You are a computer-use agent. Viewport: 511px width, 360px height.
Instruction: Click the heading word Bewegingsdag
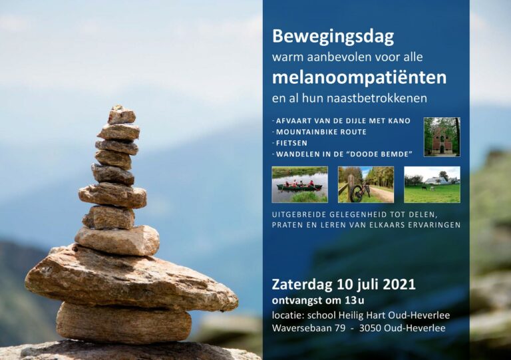(333, 37)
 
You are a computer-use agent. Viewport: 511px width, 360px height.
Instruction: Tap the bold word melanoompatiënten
(359, 78)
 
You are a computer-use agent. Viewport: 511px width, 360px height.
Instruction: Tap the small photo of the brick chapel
(442, 137)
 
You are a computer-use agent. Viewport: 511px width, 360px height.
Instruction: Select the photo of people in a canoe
(300, 184)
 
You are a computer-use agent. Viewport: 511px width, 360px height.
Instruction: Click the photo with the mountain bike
(366, 184)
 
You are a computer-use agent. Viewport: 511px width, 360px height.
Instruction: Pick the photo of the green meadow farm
(432, 184)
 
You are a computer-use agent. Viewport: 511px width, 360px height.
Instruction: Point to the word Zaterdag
(302, 284)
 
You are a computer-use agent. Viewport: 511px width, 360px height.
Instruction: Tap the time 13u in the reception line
(350, 300)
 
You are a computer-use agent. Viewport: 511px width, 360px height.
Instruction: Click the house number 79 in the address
(339, 328)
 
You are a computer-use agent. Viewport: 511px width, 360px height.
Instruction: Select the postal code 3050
(370, 328)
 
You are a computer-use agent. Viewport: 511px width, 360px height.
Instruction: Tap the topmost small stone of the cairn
(121, 114)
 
